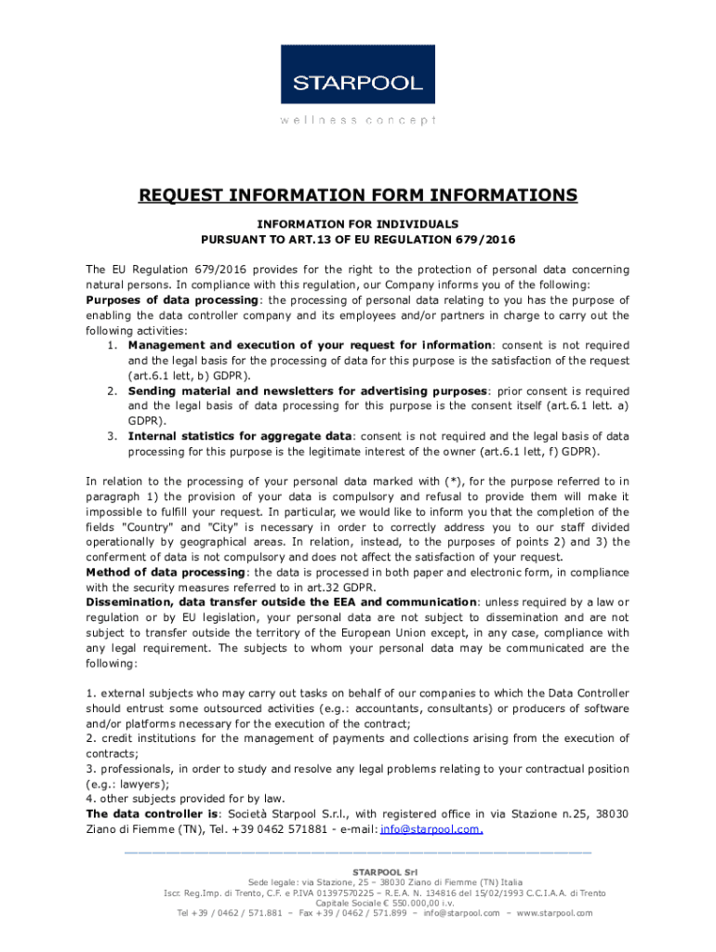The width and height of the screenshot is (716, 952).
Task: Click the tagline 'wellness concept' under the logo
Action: pyautogui.click(x=358, y=120)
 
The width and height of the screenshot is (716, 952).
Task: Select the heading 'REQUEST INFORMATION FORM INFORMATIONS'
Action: pyautogui.click(x=358, y=195)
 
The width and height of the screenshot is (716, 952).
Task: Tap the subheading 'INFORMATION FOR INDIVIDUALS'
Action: pyautogui.click(x=358, y=224)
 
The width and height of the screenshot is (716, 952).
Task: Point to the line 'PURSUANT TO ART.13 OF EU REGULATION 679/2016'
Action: pyautogui.click(x=358, y=240)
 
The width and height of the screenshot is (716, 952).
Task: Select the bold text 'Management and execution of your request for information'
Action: pyautogui.click(x=310, y=345)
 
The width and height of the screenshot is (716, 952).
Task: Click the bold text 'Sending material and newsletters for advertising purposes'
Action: pyautogui.click(x=307, y=390)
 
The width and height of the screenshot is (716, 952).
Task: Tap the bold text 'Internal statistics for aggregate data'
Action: pyautogui.click(x=240, y=436)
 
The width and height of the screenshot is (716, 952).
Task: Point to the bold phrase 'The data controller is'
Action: pyautogui.click(x=152, y=813)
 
